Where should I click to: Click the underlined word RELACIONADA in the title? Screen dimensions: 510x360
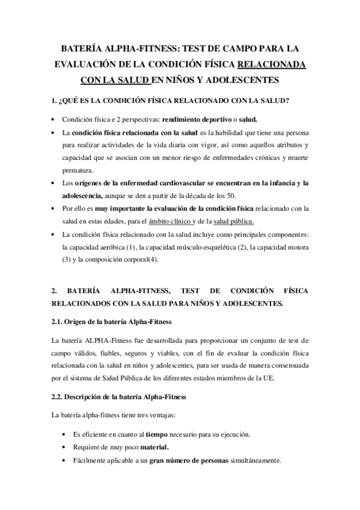(x=272, y=64)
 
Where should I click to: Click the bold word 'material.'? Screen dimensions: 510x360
(x=154, y=447)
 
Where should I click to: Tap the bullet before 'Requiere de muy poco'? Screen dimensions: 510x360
(x=64, y=447)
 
